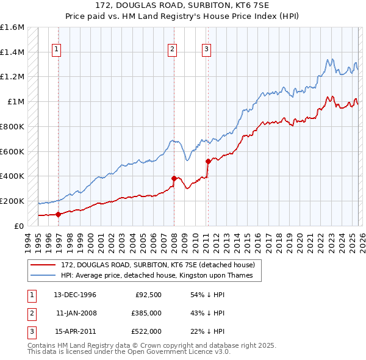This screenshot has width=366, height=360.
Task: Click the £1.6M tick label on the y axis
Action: click(x=12, y=27)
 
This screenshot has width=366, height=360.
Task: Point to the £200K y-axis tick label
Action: click(x=12, y=201)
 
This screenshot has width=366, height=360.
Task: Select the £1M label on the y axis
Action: click(x=16, y=102)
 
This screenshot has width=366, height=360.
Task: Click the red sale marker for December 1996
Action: click(x=59, y=214)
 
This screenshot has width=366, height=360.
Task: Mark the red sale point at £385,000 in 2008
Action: click(x=174, y=178)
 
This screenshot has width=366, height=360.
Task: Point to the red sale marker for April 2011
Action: click(x=208, y=161)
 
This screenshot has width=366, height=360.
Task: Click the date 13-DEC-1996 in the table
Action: click(x=75, y=295)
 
